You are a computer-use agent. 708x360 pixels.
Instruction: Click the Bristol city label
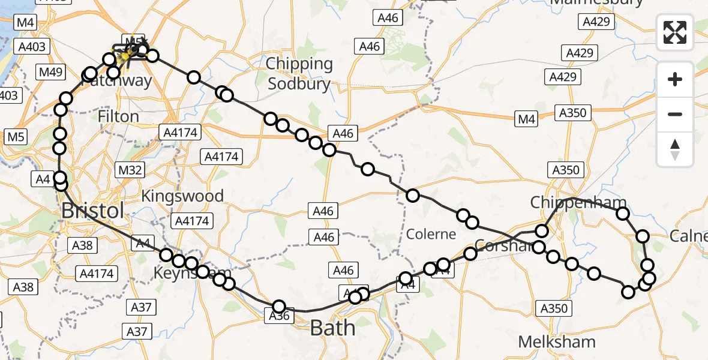(x=93, y=211)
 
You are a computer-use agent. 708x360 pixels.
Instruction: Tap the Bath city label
(x=332, y=328)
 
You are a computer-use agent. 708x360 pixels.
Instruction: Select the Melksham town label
(x=557, y=342)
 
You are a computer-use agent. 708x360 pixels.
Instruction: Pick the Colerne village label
(x=431, y=234)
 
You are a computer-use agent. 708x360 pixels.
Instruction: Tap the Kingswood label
(x=182, y=196)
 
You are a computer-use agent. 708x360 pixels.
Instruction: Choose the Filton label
(x=119, y=116)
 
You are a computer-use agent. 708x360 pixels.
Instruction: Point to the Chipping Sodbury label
(x=299, y=73)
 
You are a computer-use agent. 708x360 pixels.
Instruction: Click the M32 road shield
(x=130, y=170)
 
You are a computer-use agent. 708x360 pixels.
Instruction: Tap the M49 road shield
(x=50, y=73)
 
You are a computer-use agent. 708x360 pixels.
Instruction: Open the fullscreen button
(x=675, y=32)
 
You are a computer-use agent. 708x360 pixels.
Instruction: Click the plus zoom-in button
(x=675, y=80)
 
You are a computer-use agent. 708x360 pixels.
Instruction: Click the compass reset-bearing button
(x=675, y=149)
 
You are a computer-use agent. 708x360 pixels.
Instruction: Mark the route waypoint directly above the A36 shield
(x=279, y=307)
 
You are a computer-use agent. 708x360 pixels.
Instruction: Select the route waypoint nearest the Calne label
(x=643, y=236)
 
